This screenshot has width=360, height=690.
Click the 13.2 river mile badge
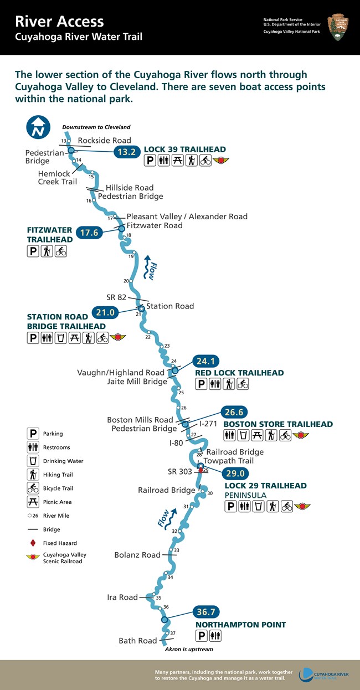tap(125, 152)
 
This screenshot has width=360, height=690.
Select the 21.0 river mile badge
tap(105, 312)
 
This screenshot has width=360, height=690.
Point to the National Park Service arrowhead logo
tap(338, 28)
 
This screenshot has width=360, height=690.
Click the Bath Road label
tap(138, 641)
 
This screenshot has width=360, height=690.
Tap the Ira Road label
tap(122, 597)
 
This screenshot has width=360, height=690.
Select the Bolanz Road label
tap(137, 555)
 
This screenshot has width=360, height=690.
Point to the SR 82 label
tap(117, 297)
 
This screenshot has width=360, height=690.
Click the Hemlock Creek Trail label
tap(57, 177)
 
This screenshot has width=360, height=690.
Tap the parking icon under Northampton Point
tap(202, 636)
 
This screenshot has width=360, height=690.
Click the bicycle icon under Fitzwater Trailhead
tap(61, 251)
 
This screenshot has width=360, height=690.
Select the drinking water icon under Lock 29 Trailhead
tap(258, 506)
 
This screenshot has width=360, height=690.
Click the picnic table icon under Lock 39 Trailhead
tap(177, 161)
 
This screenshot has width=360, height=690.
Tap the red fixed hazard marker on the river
tap(200, 470)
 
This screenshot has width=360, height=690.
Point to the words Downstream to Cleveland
tap(96, 127)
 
